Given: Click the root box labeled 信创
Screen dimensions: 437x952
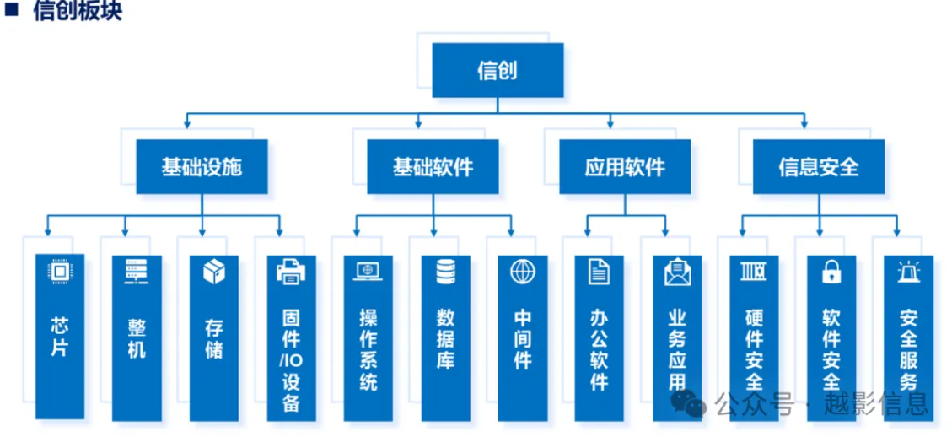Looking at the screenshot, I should point(497,70).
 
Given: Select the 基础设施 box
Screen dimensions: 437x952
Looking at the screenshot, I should point(202,166).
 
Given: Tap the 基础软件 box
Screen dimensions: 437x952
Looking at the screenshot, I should point(433,166).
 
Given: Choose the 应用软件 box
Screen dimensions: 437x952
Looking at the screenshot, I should point(625,166).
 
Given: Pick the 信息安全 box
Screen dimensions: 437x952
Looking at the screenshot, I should point(818,166).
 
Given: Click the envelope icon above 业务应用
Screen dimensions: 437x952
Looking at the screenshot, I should point(677,272).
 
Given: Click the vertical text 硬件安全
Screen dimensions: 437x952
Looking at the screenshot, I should point(754,350).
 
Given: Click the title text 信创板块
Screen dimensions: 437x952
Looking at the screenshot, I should point(78,12).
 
